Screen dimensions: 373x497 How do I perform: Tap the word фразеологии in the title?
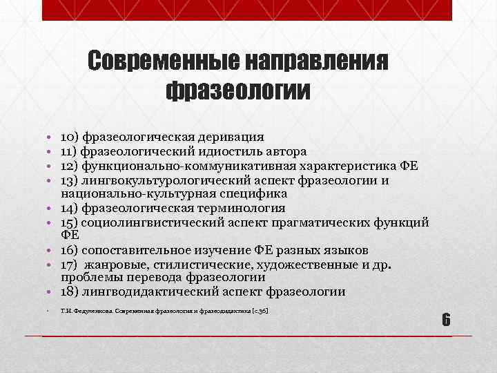point(238,90)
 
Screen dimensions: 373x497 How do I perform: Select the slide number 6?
point(446,320)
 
